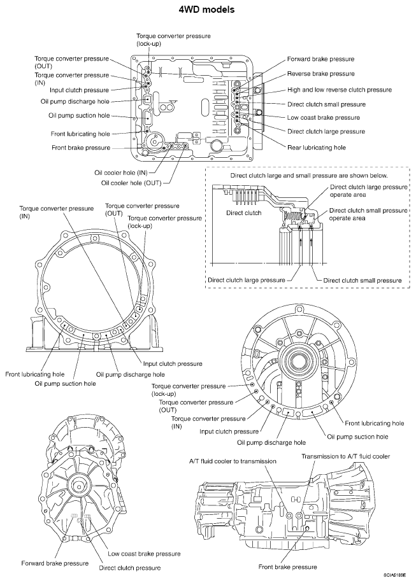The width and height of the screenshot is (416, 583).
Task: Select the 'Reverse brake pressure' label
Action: pyautogui.click(x=320, y=74)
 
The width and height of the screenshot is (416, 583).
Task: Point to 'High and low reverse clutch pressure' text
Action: pyautogui.click(x=340, y=90)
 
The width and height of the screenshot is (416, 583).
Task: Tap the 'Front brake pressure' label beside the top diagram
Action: pyautogui.click(x=80, y=148)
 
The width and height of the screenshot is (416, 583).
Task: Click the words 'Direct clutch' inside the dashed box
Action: pyautogui.click(x=243, y=213)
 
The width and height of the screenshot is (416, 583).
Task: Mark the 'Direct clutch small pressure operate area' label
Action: pyautogui.click(x=369, y=214)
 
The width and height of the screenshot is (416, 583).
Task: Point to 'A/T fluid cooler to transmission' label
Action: pyautogui.click(x=233, y=461)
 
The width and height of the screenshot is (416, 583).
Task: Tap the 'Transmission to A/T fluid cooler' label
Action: pyautogui.click(x=345, y=456)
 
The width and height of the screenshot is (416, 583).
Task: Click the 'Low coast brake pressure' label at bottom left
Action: pyautogui.click(x=144, y=554)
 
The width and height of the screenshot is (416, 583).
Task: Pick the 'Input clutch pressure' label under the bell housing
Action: pyautogui.click(x=172, y=363)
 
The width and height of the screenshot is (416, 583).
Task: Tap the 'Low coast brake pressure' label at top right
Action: pyautogui.click(x=324, y=118)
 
